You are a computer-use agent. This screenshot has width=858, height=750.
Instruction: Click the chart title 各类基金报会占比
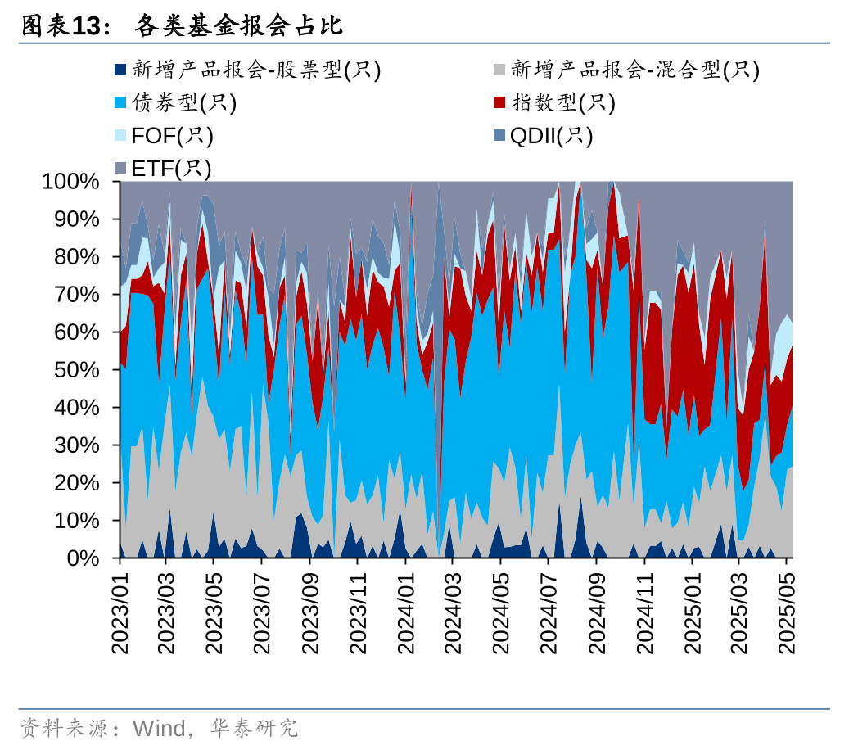(x=238, y=26)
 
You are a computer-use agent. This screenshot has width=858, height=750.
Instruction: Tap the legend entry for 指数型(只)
(x=562, y=103)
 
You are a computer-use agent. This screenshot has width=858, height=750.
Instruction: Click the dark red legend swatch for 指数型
(x=499, y=103)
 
